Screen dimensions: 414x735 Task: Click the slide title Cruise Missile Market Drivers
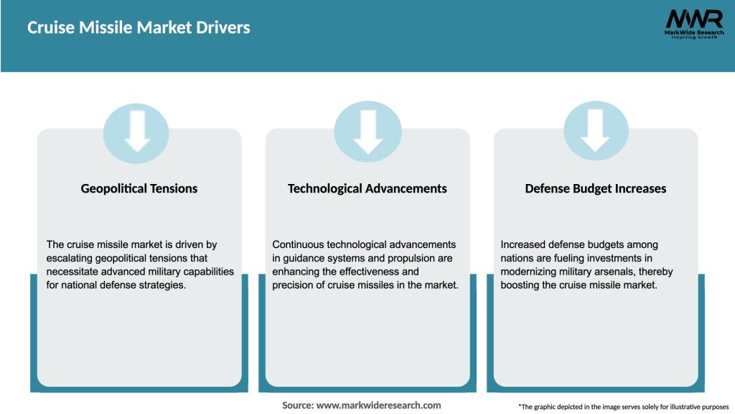(x=139, y=28)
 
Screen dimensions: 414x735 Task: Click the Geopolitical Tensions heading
(x=139, y=188)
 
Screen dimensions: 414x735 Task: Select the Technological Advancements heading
(x=367, y=188)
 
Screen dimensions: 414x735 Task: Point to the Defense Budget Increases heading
(x=595, y=188)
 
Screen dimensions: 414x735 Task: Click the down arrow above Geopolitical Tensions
(x=136, y=132)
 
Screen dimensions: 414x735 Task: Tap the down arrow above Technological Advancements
(x=367, y=132)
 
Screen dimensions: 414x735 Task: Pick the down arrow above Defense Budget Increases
(x=596, y=132)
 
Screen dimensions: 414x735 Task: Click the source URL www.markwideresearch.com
(x=378, y=405)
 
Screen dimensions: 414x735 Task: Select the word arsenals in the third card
(x=624, y=272)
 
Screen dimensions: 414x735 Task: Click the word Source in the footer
(x=296, y=405)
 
